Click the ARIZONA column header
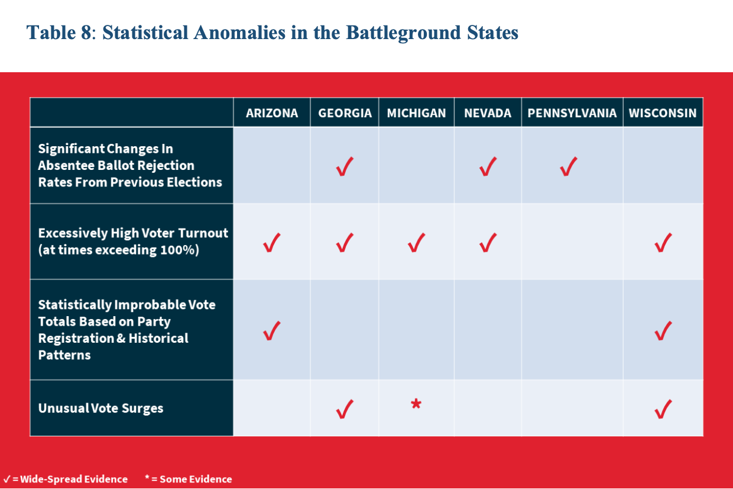(x=272, y=113)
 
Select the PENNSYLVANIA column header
(x=572, y=113)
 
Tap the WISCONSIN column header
(x=663, y=113)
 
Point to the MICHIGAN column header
(x=416, y=113)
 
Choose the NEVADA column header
(x=488, y=113)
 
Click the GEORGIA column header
(x=345, y=113)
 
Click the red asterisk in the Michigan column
(x=416, y=404)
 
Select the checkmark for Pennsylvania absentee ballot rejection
(x=569, y=167)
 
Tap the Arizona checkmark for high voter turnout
(x=271, y=243)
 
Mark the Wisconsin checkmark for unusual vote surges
(x=663, y=409)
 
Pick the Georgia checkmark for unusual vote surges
(x=345, y=409)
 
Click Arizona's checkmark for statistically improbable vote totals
(x=271, y=331)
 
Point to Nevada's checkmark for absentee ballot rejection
(x=488, y=167)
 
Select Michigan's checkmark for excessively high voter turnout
(x=416, y=243)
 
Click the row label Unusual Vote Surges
(x=100, y=408)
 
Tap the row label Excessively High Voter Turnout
(x=133, y=233)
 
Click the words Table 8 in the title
(x=59, y=33)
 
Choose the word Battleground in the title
(x=404, y=33)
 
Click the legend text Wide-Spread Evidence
(x=74, y=479)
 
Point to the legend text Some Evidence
(x=196, y=479)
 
